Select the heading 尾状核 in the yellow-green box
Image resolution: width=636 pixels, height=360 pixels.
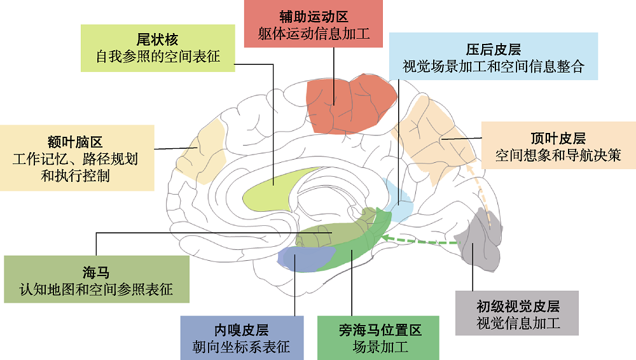tap(157, 39)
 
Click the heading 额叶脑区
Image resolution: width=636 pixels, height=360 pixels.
tap(74, 141)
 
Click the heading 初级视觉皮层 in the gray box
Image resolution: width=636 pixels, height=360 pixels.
tap(518, 306)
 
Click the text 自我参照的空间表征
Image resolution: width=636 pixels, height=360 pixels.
tap(157, 57)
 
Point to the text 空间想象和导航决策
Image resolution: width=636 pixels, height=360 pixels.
tap(557, 155)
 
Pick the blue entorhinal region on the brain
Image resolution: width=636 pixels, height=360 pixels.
tap(302, 258)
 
